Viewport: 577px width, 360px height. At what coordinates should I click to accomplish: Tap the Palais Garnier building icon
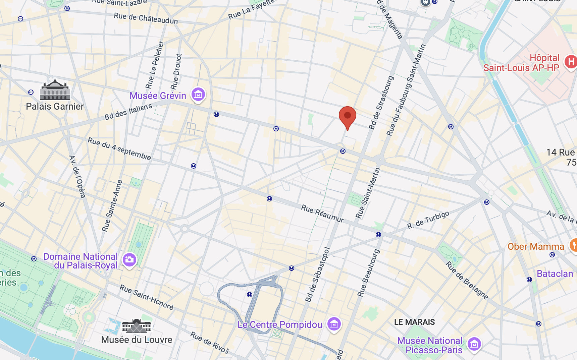tap(55, 90)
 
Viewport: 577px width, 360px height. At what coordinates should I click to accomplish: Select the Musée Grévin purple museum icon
tap(198, 95)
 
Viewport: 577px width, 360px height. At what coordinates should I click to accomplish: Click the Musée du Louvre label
tap(137, 340)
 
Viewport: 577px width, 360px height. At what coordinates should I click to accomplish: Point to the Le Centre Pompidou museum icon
tap(334, 324)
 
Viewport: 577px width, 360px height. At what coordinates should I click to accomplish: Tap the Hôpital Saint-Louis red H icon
tap(571, 62)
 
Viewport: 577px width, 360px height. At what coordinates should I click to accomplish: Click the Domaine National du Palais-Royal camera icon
tap(129, 260)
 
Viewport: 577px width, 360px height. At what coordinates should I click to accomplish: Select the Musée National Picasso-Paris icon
tap(474, 344)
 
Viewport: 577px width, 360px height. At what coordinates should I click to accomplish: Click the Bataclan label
tap(555, 274)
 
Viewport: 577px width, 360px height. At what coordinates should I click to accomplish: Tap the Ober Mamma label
tap(536, 247)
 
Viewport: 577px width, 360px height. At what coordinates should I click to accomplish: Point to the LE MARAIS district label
tap(414, 322)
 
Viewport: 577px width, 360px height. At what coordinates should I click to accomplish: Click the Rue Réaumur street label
tap(322, 214)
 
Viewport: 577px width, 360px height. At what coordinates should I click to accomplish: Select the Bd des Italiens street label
tap(128, 112)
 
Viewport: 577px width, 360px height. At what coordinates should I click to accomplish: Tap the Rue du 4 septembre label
tap(119, 149)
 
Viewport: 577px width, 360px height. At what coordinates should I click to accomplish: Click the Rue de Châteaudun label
tap(146, 18)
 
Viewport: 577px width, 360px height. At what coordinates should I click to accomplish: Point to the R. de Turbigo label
tap(428, 220)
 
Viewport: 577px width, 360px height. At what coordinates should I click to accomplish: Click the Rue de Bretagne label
tap(467, 280)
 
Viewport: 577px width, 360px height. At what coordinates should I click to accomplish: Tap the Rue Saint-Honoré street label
tap(147, 297)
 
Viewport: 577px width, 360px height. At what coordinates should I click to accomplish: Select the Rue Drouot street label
tap(176, 71)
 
